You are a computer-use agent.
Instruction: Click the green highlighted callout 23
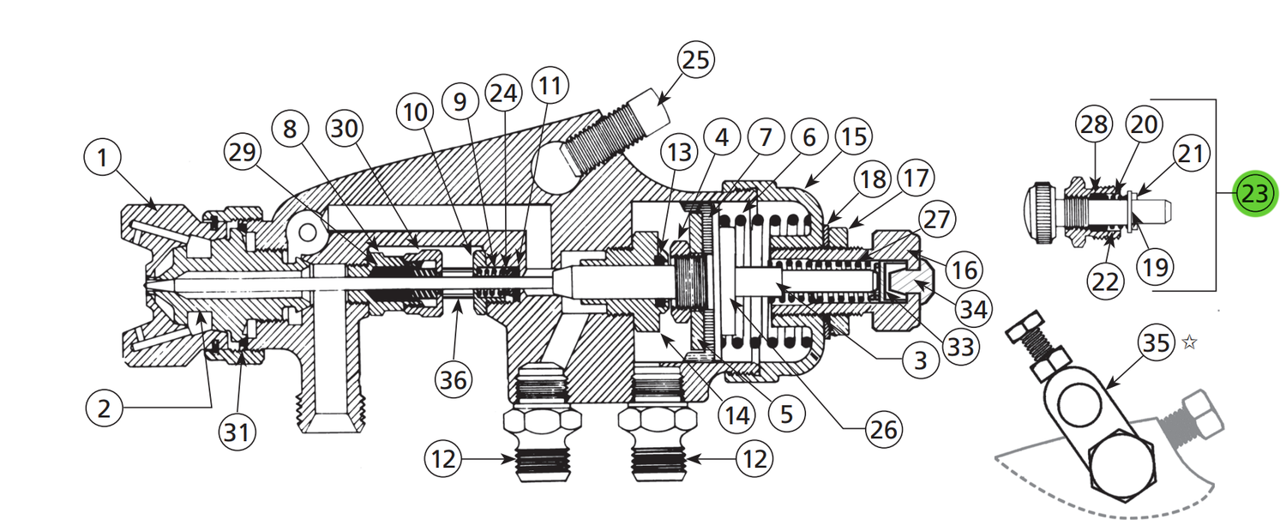pyautogui.click(x=1255, y=194)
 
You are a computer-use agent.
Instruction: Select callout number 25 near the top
pyautogui.click(x=696, y=60)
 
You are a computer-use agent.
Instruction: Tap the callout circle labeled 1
pyautogui.click(x=102, y=157)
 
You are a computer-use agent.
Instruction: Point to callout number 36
pyautogui.click(x=454, y=380)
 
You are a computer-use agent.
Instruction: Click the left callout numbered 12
pyautogui.click(x=443, y=459)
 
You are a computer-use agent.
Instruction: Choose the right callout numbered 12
pyautogui.click(x=754, y=459)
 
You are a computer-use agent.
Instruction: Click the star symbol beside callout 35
pyautogui.click(x=1190, y=342)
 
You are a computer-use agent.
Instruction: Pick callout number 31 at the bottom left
pyautogui.click(x=237, y=432)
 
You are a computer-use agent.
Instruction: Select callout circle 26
pyautogui.click(x=884, y=429)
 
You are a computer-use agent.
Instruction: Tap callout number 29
pyautogui.click(x=243, y=152)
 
